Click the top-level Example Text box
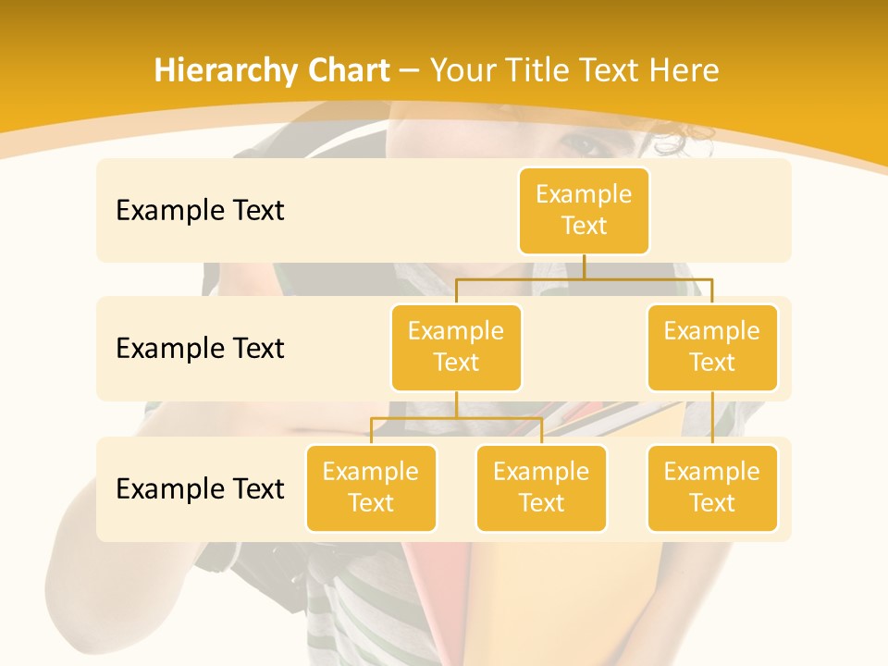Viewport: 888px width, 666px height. pos(584,210)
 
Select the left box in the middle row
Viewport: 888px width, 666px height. pos(456,347)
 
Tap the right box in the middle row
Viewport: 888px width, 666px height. pos(712,347)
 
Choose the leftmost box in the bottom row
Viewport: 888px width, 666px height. pos(371,487)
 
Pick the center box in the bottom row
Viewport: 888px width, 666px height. pos(541,487)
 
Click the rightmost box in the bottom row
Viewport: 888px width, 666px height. pos(712,487)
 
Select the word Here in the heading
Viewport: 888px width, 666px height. pos(683,70)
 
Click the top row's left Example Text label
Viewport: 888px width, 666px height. pos(200,211)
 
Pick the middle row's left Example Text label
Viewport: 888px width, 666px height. pos(200,349)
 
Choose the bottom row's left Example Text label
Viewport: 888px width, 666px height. pos(200,488)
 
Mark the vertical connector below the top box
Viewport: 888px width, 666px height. pos(584,265)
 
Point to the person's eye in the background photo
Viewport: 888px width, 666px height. pos(581,145)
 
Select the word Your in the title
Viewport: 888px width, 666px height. pos(463,70)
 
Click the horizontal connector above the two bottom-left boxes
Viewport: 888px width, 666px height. pos(456,417)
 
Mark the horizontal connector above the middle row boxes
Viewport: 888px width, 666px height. pos(584,277)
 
